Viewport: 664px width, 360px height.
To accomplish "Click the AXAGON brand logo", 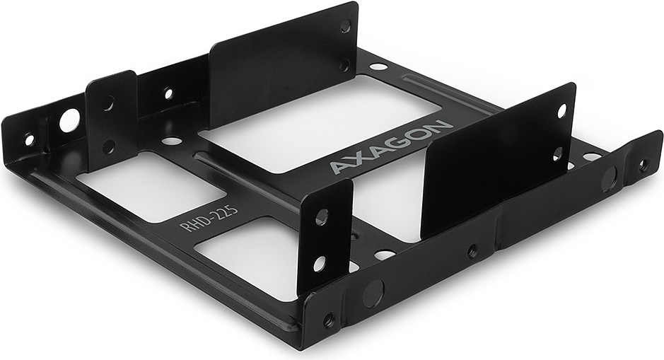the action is click(x=391, y=147).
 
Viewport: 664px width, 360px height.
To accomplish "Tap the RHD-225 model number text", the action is click(x=209, y=218).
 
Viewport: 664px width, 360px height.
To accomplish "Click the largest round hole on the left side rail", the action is click(x=69, y=120).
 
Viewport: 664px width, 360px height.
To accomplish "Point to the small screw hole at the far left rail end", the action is click(x=29, y=139).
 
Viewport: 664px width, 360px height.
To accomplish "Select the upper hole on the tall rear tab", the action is click(x=346, y=26).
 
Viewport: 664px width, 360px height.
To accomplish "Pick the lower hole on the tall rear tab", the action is click(x=345, y=65).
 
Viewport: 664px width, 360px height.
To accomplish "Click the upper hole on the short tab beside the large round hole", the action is click(x=108, y=103).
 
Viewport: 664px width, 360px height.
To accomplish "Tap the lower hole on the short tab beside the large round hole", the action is click(x=109, y=146).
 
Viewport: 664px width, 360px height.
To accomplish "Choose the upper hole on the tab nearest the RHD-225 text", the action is click(x=322, y=217).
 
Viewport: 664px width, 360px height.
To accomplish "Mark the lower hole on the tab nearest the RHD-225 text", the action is click(x=320, y=263).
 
